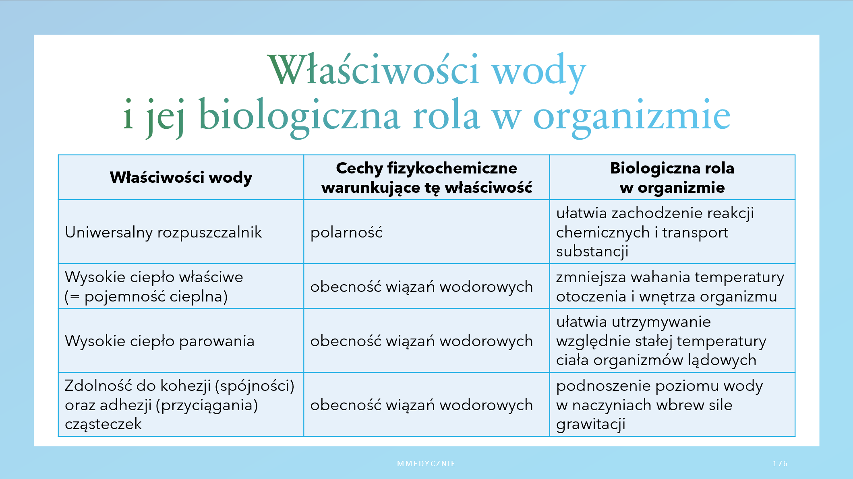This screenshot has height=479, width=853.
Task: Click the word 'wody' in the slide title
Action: pos(538,71)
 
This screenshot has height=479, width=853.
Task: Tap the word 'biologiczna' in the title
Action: pos(299,117)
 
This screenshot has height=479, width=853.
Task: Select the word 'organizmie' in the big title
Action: pos(632,117)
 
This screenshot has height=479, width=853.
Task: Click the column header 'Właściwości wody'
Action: pos(181,177)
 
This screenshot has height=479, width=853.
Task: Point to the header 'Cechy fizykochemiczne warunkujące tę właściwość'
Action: pos(426,178)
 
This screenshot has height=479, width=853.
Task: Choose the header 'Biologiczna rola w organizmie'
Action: pos(672,178)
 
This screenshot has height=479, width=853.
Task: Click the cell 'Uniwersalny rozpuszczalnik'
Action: pos(164,233)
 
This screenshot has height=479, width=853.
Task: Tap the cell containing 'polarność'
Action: pos(346,232)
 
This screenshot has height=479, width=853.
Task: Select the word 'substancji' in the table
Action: pos(592,252)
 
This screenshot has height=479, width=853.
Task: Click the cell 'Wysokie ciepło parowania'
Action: pos(159,341)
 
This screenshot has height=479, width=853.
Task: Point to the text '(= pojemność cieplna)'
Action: pos(146,297)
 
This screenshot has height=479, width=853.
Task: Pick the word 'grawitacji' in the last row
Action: pos(591,424)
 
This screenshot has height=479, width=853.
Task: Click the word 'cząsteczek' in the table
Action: pos(103,424)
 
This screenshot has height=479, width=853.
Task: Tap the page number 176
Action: pos(780,464)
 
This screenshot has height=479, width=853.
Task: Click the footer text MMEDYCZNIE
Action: pos(426,464)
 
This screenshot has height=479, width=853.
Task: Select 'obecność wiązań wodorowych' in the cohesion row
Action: pos(421,405)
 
